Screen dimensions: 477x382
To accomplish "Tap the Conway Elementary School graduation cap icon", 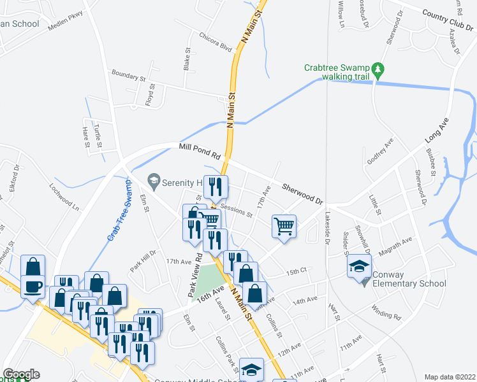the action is point(359,265).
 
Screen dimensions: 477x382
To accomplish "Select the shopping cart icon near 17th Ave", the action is point(284,225).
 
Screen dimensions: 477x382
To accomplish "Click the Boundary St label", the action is point(127,76).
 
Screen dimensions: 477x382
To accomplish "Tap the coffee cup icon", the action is point(33,286).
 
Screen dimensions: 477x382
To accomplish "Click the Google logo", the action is point(21,374).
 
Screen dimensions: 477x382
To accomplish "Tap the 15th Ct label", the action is point(297,271).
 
